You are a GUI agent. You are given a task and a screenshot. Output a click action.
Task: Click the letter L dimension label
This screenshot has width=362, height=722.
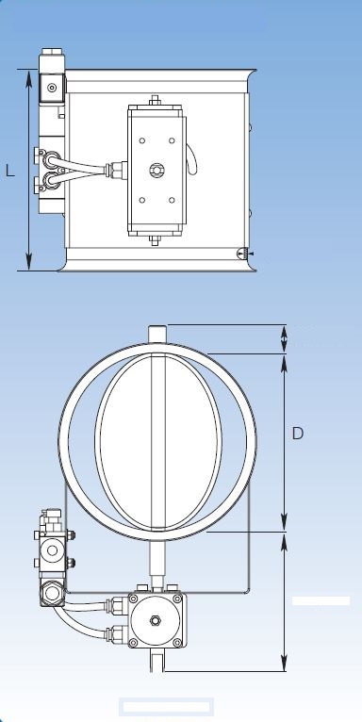click(10, 171)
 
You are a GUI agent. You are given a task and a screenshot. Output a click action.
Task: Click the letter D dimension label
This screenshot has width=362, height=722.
click(298, 434)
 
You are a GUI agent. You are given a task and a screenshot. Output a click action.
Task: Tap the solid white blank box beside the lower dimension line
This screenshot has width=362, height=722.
click(321, 601)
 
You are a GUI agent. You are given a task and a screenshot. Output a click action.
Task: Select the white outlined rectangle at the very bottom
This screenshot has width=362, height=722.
click(166, 707)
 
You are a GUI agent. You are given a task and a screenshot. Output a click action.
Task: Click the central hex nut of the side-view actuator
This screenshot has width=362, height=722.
click(156, 171)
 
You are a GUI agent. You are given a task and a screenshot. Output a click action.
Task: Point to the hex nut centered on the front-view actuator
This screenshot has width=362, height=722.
click(156, 621)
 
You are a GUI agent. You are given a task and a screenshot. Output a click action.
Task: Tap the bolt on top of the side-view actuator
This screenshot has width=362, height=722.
click(156, 100)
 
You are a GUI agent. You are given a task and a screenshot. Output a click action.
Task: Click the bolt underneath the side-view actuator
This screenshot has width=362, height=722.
click(156, 240)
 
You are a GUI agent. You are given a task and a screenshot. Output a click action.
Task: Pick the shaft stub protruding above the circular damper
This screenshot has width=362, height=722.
click(157, 334)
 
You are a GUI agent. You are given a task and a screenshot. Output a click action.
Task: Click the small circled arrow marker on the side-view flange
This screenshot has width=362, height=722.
click(242, 254)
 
